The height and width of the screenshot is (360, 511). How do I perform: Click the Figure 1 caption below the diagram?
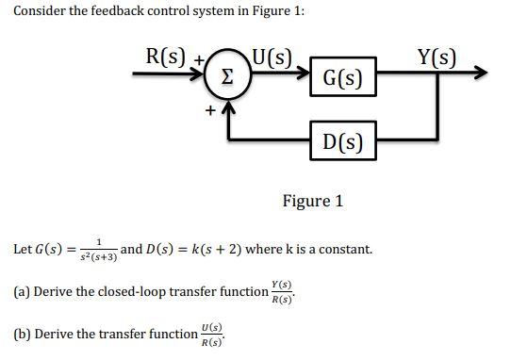click(313, 201)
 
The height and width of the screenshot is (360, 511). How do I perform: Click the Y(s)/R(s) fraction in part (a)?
click(281, 292)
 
